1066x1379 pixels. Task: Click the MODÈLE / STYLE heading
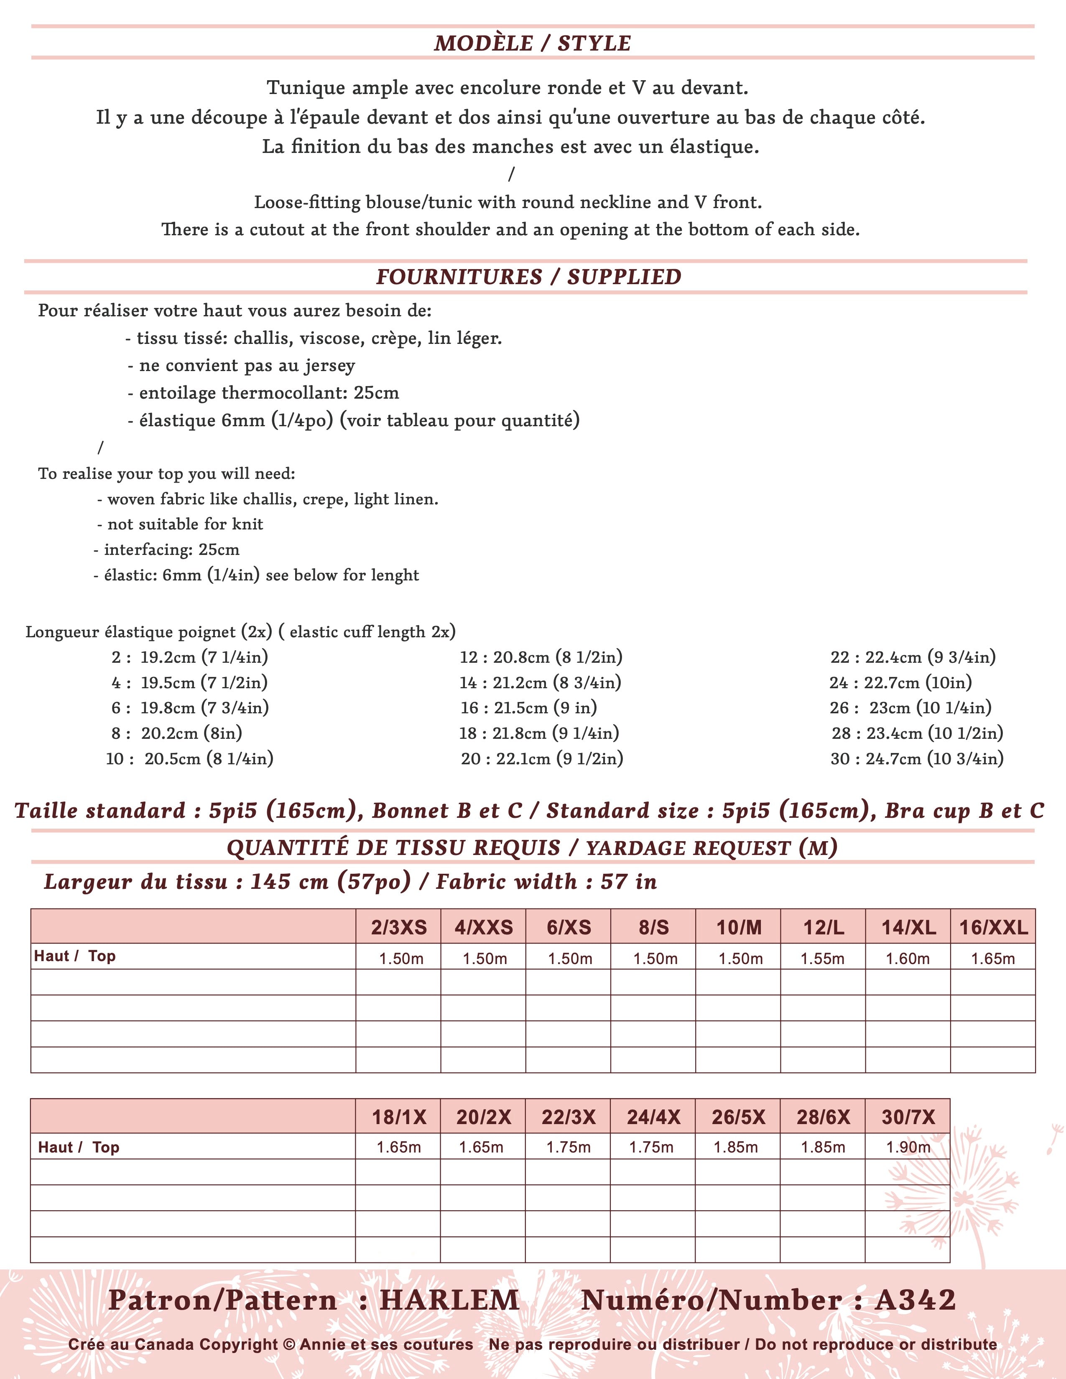click(532, 43)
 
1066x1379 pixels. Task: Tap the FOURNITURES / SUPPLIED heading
click(528, 277)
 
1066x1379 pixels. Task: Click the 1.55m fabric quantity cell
click(822, 959)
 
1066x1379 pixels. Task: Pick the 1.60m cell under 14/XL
click(908, 959)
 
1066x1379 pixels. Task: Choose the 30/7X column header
click(908, 1117)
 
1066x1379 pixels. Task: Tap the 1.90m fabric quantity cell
click(908, 1147)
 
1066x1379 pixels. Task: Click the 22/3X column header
click(569, 1117)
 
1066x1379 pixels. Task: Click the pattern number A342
click(915, 1300)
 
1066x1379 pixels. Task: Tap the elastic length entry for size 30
click(917, 758)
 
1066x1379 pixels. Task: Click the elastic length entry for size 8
click(177, 733)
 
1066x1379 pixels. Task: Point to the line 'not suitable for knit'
click(180, 524)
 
